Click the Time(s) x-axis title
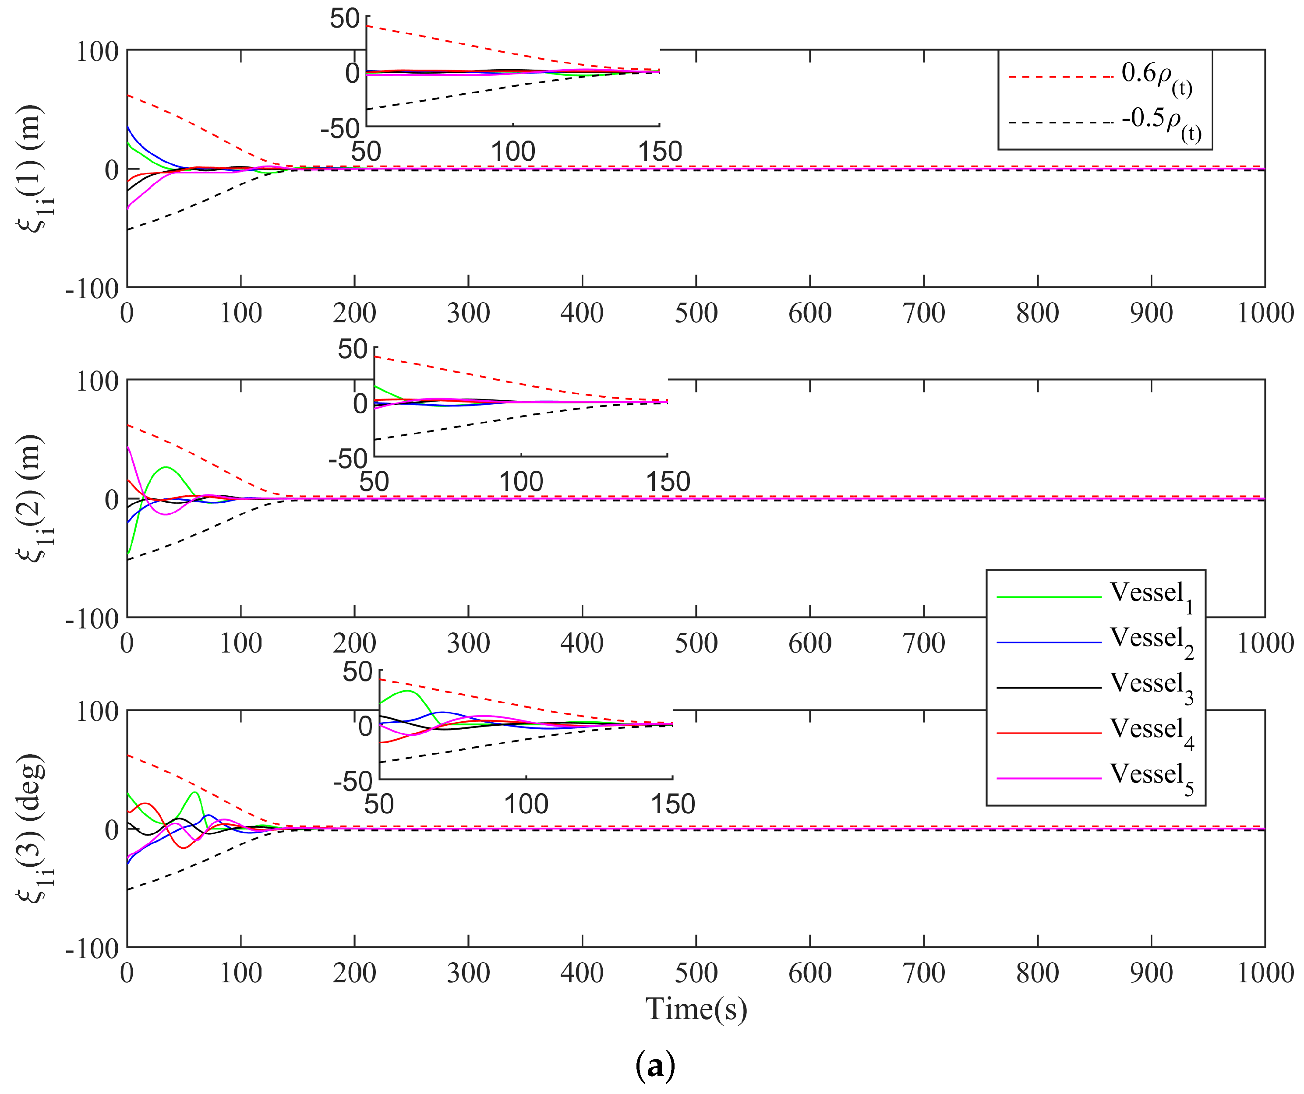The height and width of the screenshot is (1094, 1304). click(x=696, y=1009)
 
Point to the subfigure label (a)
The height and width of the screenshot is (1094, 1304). click(x=655, y=1066)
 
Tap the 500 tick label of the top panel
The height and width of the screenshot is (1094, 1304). click(x=696, y=313)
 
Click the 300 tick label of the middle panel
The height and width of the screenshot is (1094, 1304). click(x=468, y=643)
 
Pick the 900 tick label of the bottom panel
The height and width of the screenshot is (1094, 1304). click(x=1151, y=973)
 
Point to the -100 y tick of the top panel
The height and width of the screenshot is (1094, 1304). click(x=92, y=289)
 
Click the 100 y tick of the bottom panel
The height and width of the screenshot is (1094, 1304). click(x=97, y=712)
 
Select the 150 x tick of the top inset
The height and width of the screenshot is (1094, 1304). click(x=660, y=152)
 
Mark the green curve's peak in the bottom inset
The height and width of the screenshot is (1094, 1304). click(x=407, y=690)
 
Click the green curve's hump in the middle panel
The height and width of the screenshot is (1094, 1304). click(x=166, y=467)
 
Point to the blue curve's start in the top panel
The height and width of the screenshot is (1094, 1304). click(x=128, y=127)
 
